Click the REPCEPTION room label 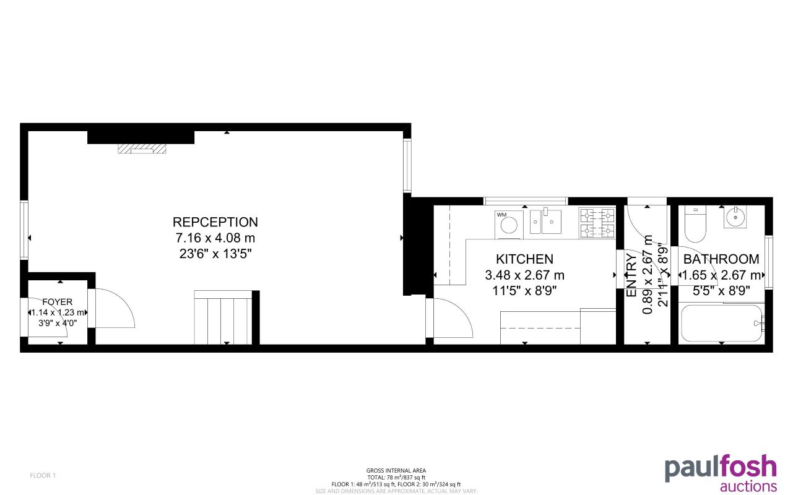pyautogui.click(x=215, y=222)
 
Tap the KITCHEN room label pyautogui.click(x=524, y=259)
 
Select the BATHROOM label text pyautogui.click(x=721, y=259)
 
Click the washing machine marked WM pyautogui.click(x=509, y=224)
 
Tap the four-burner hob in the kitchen pyautogui.click(x=597, y=223)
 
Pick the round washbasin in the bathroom pyautogui.click(x=735, y=218)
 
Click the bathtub pyautogui.click(x=721, y=322)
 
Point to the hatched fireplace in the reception pyautogui.click(x=142, y=149)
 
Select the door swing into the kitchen pyautogui.click(x=452, y=318)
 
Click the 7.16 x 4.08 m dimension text pyautogui.click(x=215, y=238)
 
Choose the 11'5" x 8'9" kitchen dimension pyautogui.click(x=524, y=290)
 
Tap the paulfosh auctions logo pyautogui.click(x=721, y=473)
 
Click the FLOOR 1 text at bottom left pyautogui.click(x=43, y=475)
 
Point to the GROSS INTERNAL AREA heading pyautogui.click(x=396, y=471)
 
